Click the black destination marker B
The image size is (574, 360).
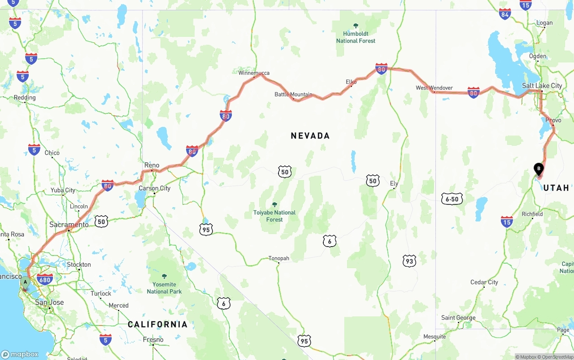539,169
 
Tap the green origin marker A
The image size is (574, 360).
26,282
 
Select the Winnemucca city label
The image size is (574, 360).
254,73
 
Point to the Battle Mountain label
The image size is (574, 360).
293,95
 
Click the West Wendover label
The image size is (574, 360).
434,88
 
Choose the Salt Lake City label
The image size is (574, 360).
542,86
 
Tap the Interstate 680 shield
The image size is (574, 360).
45,279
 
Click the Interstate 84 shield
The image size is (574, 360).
505,14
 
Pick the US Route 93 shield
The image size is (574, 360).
409,261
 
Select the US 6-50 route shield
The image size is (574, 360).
452,199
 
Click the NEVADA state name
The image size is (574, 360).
310,136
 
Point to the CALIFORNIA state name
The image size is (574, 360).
157,324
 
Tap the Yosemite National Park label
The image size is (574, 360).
164,288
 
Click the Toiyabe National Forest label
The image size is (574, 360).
274,216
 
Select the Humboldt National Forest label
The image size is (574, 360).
356,37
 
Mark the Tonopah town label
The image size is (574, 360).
278,258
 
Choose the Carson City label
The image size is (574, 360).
154,188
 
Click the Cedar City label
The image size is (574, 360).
484,282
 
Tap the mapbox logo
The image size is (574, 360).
20,354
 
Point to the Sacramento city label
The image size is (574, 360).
69,224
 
